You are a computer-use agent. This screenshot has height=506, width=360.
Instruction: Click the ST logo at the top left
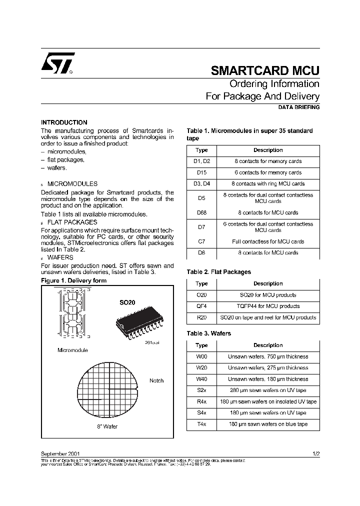tap(58, 63)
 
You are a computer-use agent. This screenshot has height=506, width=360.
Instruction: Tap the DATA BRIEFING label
tap(298, 107)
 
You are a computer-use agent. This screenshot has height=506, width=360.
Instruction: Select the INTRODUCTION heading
tap(64, 122)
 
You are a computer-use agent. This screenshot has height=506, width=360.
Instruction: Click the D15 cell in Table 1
tap(201, 172)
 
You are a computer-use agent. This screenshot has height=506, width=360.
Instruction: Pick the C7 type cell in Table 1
tap(201, 241)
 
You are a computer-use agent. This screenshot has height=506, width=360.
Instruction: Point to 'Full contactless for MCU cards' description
tap(268, 241)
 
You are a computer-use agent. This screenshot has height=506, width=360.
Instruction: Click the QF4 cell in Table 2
tap(201, 306)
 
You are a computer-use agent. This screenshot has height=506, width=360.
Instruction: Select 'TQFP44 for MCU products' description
tap(268, 306)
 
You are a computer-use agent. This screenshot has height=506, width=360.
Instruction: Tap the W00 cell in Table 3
tap(201, 356)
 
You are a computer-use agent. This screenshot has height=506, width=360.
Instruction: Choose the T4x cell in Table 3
tap(201, 424)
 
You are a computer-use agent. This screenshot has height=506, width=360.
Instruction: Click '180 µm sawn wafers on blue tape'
tap(268, 424)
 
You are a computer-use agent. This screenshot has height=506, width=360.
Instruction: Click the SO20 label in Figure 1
tap(127, 303)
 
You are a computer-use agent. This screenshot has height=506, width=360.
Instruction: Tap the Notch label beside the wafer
tap(156, 380)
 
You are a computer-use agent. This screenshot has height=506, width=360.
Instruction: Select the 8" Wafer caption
tap(107, 426)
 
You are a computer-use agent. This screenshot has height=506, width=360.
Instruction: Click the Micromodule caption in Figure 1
tap(73, 350)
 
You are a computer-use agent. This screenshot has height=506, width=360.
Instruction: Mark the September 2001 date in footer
tap(58, 453)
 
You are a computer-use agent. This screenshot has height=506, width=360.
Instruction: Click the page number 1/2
tap(315, 453)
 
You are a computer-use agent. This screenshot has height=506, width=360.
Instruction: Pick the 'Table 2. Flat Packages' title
tap(219, 272)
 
